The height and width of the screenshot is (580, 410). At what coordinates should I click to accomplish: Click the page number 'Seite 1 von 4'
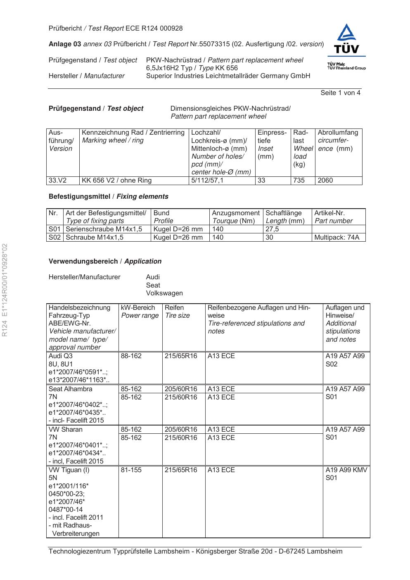(340, 93)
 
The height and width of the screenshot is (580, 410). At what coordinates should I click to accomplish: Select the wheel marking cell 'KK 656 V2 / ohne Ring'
(117, 181)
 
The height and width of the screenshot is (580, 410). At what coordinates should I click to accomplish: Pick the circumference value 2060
(325, 181)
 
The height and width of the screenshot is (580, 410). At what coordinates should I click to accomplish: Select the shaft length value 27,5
(272, 229)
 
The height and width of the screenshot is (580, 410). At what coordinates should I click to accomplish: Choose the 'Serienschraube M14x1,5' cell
(104, 229)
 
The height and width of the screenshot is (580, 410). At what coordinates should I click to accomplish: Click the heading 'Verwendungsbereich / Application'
(105, 261)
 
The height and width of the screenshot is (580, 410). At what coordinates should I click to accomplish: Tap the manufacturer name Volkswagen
(164, 293)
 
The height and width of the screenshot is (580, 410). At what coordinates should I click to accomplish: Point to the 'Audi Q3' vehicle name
(61, 356)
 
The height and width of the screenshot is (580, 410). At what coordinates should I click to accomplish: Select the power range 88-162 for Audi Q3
(131, 356)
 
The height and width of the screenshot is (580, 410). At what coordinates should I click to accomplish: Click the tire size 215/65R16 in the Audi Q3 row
(181, 356)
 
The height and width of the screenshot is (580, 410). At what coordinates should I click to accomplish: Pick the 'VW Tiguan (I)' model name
(69, 470)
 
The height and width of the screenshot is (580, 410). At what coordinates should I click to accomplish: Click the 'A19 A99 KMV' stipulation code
(346, 470)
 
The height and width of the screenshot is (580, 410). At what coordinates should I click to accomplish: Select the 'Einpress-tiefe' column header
(272, 137)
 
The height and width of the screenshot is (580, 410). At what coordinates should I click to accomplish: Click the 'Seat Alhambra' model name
(70, 389)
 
